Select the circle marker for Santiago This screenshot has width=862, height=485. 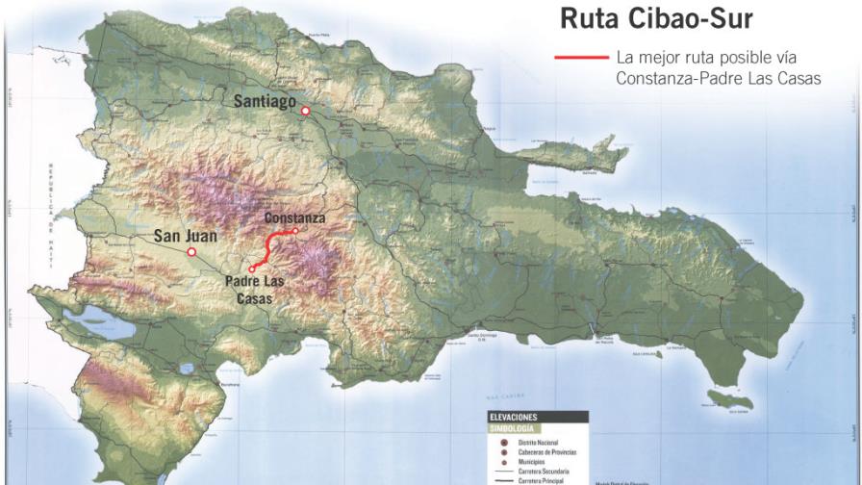click(305, 112)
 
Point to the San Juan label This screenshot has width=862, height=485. click(186, 235)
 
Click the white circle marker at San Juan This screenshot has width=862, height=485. click(191, 252)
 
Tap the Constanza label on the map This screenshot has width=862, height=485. click(294, 218)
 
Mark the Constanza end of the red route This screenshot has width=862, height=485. click(294, 231)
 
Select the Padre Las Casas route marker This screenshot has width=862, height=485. click(252, 268)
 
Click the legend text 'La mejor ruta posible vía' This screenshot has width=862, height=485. click(706, 59)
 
